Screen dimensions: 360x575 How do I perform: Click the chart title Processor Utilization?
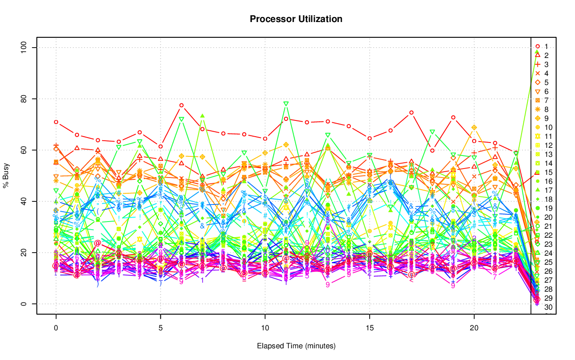pyautogui.click(x=296, y=19)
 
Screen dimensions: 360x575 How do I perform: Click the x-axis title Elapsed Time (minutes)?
pyautogui.click(x=296, y=346)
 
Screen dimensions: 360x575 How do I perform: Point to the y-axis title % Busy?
pyautogui.click(x=6, y=176)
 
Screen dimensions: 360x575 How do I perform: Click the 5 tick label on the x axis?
pyautogui.click(x=160, y=328)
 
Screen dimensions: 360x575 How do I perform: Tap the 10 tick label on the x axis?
pyautogui.click(x=265, y=328)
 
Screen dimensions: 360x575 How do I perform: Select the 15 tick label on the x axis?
pyautogui.click(x=369, y=328)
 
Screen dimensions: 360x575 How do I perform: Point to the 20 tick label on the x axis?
pyautogui.click(x=474, y=328)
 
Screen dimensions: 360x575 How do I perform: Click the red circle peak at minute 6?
pyautogui.click(x=181, y=105)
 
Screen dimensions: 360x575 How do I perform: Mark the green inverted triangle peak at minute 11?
pyautogui.click(x=286, y=104)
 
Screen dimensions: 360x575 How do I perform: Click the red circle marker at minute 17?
pyautogui.click(x=411, y=112)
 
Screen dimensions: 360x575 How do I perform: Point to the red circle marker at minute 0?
pyautogui.click(x=56, y=122)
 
